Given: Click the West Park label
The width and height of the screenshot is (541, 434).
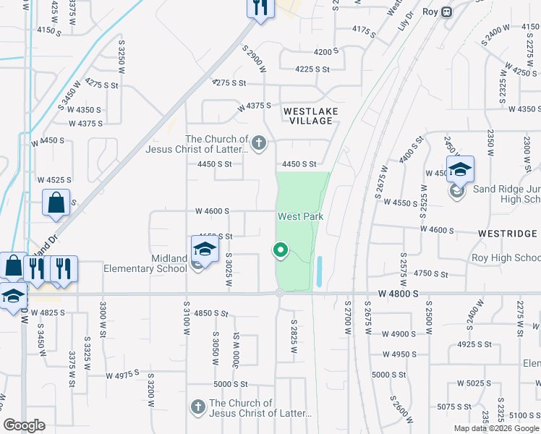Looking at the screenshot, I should (x=300, y=216).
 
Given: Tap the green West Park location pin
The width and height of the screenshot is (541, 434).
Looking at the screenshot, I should (x=281, y=250).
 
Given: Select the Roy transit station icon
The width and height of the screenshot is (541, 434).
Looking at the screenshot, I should (x=448, y=12).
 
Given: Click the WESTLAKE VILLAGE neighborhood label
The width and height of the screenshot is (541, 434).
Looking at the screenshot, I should (x=308, y=116).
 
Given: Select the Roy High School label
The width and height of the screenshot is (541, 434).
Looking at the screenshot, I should (x=506, y=258).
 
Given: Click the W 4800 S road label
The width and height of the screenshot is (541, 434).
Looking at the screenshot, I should (x=399, y=294).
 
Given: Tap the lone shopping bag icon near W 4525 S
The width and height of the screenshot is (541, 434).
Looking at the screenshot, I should (x=56, y=204).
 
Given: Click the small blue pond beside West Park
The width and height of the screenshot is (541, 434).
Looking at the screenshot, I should (x=319, y=272).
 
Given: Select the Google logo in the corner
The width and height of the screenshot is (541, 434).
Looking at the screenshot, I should (x=25, y=425).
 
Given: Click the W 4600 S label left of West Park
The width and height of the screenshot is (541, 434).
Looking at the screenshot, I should (x=212, y=211).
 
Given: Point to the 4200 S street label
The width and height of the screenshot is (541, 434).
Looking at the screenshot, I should (x=326, y=52).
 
